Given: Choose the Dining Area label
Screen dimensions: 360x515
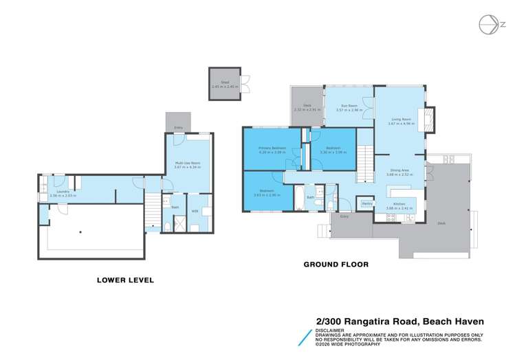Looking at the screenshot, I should pyautogui.click(x=399, y=172).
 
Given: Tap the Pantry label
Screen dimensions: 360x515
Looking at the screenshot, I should pyautogui.click(x=366, y=203).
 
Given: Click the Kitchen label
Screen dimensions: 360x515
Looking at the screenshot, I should pyautogui.click(x=399, y=205).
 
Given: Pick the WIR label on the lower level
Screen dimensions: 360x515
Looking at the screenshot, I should pyautogui.click(x=195, y=210).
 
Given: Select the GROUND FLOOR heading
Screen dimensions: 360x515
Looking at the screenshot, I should pyautogui.click(x=336, y=264).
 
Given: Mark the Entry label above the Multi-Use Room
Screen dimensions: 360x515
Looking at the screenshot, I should pyautogui.click(x=179, y=128).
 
